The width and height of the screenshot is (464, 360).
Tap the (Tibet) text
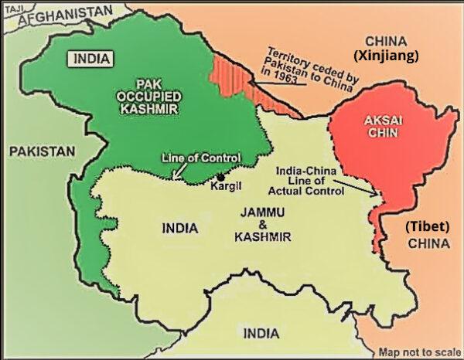pyautogui.click(x=427, y=227)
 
